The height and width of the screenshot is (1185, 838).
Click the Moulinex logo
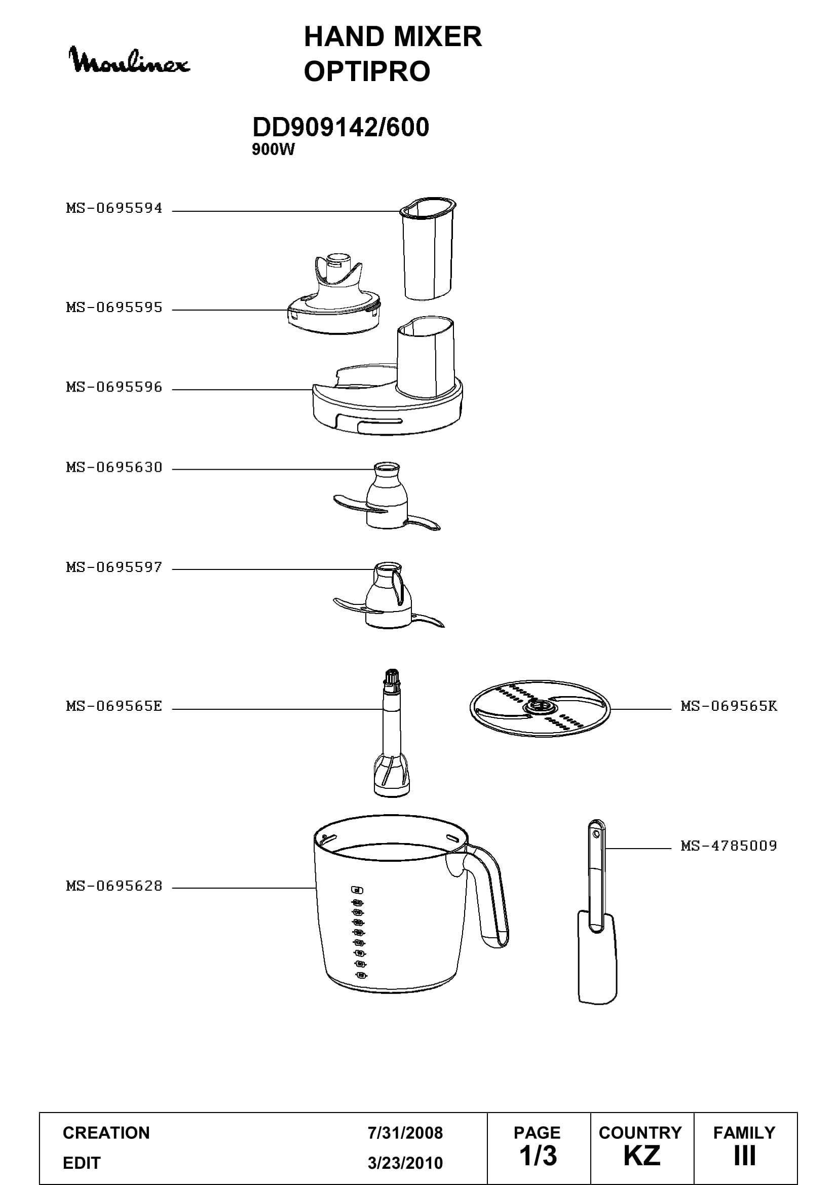(x=130, y=60)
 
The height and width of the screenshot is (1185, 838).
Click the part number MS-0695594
(x=114, y=208)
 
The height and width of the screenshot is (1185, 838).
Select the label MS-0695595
(x=114, y=307)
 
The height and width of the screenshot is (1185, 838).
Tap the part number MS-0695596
(x=114, y=387)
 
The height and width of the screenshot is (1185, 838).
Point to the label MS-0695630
(x=114, y=467)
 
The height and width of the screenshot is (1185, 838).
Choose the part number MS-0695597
(x=114, y=567)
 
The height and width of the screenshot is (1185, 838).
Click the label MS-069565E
(x=114, y=706)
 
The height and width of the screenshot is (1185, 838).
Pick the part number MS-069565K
(x=729, y=706)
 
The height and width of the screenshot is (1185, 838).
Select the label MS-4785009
(x=729, y=846)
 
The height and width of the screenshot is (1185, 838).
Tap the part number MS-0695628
(x=114, y=886)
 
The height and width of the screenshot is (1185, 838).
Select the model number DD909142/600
(x=340, y=127)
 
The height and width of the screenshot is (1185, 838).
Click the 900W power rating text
(x=273, y=149)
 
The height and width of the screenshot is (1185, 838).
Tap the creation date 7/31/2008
(x=405, y=1132)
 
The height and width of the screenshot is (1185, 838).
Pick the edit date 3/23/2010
(x=405, y=1163)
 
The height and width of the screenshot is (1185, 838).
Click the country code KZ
(x=641, y=1157)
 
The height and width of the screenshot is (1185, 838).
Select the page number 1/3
(x=538, y=1157)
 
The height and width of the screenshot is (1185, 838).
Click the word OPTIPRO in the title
(x=367, y=71)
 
